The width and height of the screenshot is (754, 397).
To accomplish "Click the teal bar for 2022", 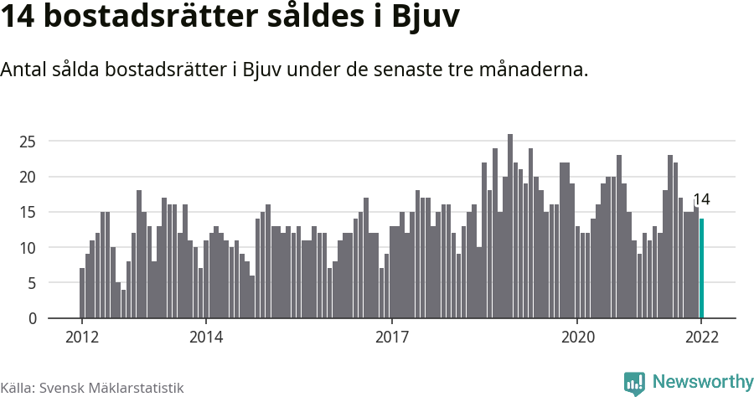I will click(x=702, y=269).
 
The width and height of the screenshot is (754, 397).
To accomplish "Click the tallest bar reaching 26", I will click(x=510, y=226).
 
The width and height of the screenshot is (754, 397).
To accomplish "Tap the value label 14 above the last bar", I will click(x=702, y=199).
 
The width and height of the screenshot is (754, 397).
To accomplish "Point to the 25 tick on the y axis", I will click(x=28, y=142).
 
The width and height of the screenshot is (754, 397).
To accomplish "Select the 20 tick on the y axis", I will click(x=28, y=177).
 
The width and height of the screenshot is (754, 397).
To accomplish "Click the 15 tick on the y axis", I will click(x=28, y=213).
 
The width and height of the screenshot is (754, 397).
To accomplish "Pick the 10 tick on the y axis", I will click(x=28, y=248).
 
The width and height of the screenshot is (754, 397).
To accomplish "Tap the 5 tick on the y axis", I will click(x=32, y=283).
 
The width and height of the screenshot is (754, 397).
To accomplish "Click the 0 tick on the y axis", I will click(x=32, y=318).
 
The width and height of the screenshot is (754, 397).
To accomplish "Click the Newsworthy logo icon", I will click(x=634, y=383).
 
